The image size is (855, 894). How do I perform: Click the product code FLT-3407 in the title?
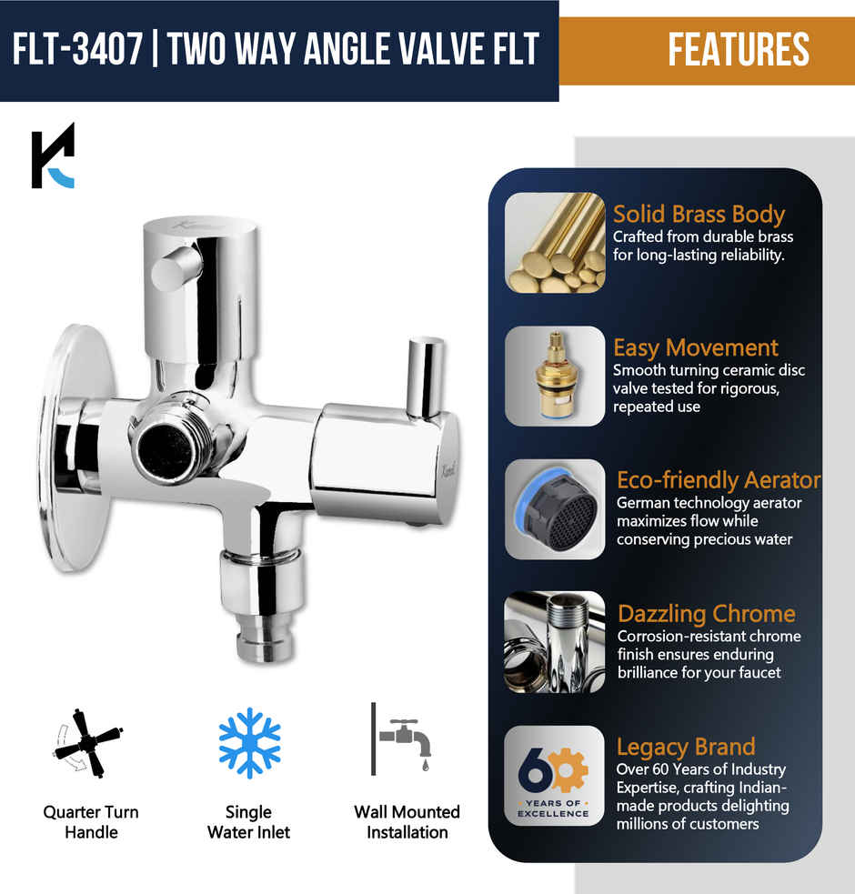point(78,49)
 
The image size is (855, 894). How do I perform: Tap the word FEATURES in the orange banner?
point(738,49)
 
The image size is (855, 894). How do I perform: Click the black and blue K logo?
point(53,156)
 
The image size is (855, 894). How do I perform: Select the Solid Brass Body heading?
point(698,215)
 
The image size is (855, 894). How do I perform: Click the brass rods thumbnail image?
point(555,242)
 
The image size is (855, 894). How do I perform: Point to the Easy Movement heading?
point(695,347)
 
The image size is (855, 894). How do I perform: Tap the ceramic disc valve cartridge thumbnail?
point(555,376)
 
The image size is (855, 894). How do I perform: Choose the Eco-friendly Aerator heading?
point(718,480)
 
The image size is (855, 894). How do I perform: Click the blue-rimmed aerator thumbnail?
point(555,509)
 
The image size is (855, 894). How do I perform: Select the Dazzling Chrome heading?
point(706,613)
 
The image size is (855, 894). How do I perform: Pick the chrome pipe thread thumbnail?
point(555,642)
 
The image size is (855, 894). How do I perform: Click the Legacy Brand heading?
point(685,747)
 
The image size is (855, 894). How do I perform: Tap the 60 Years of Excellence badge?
point(555,775)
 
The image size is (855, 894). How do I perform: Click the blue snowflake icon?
point(249,743)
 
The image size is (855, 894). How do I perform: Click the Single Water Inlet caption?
point(248,821)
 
